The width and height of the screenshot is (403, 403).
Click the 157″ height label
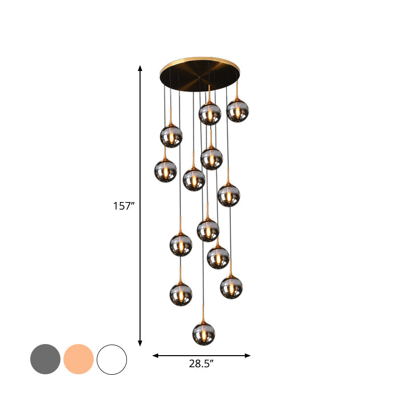pos(123,206)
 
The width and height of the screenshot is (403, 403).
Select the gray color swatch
pos(45,359)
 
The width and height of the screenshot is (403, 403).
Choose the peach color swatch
pos(79,359)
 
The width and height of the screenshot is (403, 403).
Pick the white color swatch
pos(112,359)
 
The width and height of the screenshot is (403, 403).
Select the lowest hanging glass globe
pos(204,334)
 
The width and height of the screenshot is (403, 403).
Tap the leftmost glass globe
pos(165,171)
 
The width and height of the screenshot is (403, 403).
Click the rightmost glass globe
pos(238,111)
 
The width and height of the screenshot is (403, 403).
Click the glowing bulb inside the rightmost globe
pos(238,112)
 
